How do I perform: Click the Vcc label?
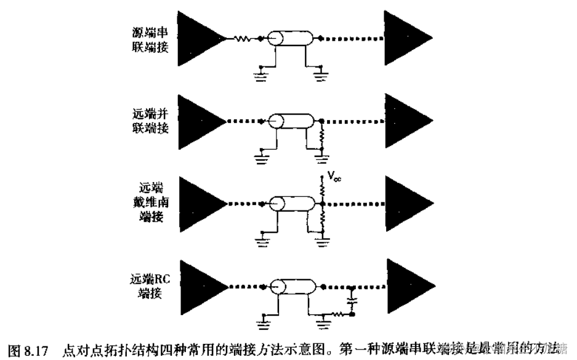[x=333, y=179]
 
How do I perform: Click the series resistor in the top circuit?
[x=243, y=39]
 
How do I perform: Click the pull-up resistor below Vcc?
[x=321, y=190]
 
